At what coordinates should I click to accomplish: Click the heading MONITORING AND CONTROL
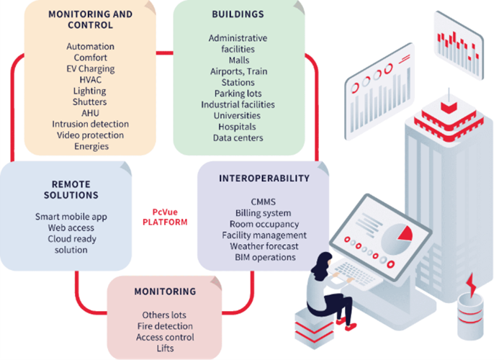pos(91,19)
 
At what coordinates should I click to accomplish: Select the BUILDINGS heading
pos(238,14)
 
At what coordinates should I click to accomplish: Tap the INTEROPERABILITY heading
pos(265,178)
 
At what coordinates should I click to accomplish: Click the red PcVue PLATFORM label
pos(164,217)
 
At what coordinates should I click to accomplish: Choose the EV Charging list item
pos(91,69)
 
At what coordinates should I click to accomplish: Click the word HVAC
pos(91,80)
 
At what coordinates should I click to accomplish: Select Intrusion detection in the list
pos(91,124)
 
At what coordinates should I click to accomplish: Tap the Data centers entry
pos(238,138)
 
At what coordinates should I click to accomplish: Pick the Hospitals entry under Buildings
pos(238,127)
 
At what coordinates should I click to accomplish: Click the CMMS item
pos(265,202)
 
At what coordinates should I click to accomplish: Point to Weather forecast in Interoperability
pos(265,246)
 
